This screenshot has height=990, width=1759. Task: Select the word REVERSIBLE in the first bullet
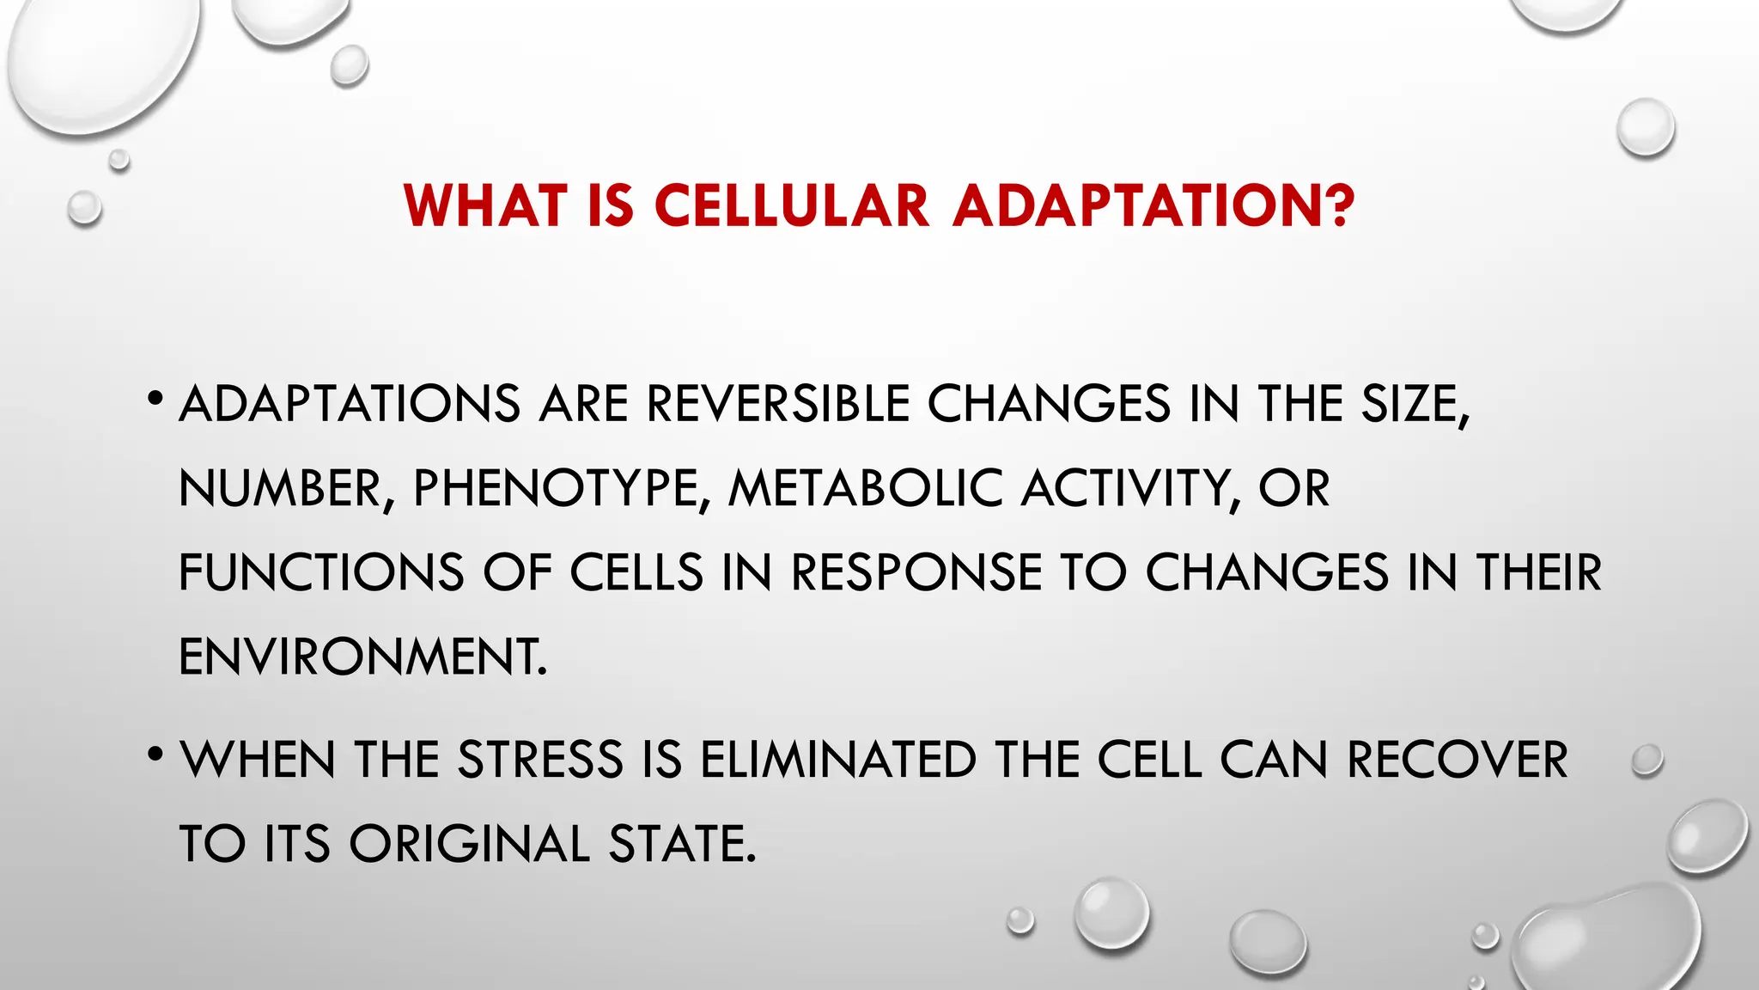[x=777, y=403]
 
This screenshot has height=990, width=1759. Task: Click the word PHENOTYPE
[x=557, y=488]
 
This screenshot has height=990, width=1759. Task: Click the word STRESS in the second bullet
[x=540, y=760]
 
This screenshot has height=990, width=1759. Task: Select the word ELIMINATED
[x=838, y=760]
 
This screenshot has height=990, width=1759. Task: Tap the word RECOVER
[x=1457, y=760]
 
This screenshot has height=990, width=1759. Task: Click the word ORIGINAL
[x=469, y=843]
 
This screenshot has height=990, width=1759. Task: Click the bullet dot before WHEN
[x=155, y=755]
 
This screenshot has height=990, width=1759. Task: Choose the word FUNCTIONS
[x=320, y=572]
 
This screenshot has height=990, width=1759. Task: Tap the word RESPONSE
[x=916, y=572]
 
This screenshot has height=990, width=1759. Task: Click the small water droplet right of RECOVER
[x=1646, y=761]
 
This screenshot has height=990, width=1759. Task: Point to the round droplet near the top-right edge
[x=1645, y=127]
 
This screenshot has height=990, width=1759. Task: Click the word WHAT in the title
[x=486, y=206]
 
